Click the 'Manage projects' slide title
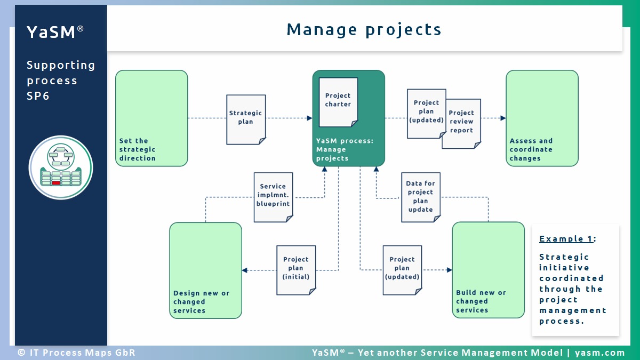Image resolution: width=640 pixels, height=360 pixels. [x=364, y=30]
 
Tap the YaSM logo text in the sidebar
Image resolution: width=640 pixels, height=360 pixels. [x=55, y=31]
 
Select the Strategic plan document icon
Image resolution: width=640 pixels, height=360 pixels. [x=246, y=119]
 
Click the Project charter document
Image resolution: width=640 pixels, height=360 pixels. [x=338, y=102]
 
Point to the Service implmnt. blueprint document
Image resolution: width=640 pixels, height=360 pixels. [x=274, y=197]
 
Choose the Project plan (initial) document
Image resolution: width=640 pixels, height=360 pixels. [x=296, y=270]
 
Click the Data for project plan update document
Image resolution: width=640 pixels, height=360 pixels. [x=421, y=197]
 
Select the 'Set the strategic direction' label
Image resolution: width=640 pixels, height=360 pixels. [x=138, y=149]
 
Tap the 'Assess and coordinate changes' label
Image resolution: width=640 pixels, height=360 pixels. [x=531, y=149]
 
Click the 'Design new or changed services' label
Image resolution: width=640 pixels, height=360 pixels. [x=202, y=302]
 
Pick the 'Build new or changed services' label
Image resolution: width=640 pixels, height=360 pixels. [x=481, y=301]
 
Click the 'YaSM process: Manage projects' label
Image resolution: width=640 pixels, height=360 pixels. [x=345, y=149]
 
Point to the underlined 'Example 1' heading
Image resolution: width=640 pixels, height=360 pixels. [x=566, y=239]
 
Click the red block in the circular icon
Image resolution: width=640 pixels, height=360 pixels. [x=56, y=183]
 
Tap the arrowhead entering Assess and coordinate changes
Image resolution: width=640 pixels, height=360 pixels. [x=503, y=118]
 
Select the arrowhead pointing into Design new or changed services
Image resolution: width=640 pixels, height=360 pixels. [x=245, y=270]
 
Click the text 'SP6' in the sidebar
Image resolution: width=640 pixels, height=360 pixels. [x=38, y=96]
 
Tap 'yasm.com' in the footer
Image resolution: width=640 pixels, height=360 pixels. [x=599, y=353]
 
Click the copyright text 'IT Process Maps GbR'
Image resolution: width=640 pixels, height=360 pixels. [x=83, y=353]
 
